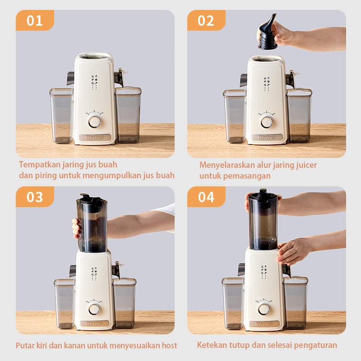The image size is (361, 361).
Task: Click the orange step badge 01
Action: coord(35,20)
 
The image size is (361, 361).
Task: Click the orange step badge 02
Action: coord(206,20)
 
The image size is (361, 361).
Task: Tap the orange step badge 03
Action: coord(35,197)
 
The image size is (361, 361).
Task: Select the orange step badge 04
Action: coord(206,197)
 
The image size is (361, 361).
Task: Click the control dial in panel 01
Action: coord(94,121)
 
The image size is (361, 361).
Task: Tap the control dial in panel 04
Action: coord(264,309)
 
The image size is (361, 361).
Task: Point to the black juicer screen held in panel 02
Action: coord(267,32)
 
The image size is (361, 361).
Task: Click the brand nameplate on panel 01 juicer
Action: coord(95,138)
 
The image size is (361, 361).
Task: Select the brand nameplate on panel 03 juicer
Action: coord(94,324)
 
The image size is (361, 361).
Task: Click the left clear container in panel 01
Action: coord(61,116)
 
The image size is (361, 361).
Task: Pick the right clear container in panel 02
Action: coord(299,116)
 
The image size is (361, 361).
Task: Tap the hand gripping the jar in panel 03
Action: coord(77,228)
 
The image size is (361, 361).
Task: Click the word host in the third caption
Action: coord(170,345)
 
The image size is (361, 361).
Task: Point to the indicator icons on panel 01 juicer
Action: coord(94,82)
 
